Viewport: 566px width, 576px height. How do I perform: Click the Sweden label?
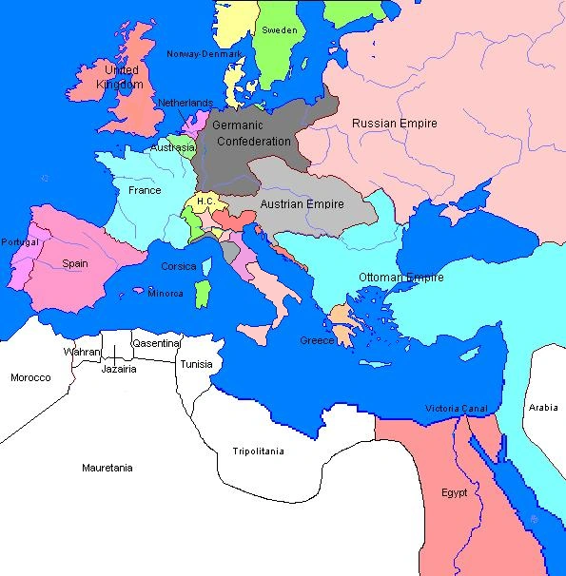point(279,30)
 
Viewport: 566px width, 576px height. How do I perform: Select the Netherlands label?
point(185,103)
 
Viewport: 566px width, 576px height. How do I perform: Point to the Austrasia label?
point(172,148)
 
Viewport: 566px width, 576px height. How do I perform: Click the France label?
point(145,190)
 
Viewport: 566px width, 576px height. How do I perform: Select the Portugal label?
point(19,242)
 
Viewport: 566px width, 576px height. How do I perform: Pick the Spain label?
point(76,263)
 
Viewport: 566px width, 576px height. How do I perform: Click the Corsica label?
point(179,266)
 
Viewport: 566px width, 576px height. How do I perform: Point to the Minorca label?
point(166,293)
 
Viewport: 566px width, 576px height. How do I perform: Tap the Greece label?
point(317,340)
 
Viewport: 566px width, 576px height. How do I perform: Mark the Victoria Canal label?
point(457,409)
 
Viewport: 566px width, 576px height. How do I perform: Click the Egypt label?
point(455,492)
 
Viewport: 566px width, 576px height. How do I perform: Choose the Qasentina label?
point(155,343)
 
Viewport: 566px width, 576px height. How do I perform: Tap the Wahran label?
point(81,352)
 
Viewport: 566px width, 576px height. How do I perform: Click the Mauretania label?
point(107,468)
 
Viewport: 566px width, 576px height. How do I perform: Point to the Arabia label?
point(543,407)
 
